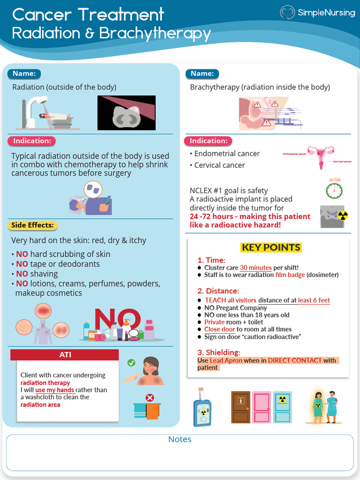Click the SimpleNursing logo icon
[x=287, y=12]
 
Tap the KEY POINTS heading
[x=270, y=247]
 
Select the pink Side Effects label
[x=32, y=225]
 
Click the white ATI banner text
[x=65, y=355]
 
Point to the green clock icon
[x=334, y=190]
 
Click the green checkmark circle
[x=131, y=362]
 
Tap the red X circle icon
[x=150, y=398]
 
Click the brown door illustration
[x=240, y=407]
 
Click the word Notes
[x=180, y=439]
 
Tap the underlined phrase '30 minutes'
[x=256, y=268]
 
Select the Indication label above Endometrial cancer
[x=208, y=141]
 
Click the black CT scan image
[x=126, y=113]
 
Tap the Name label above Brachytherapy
[x=202, y=74]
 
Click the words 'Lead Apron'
[x=226, y=360]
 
